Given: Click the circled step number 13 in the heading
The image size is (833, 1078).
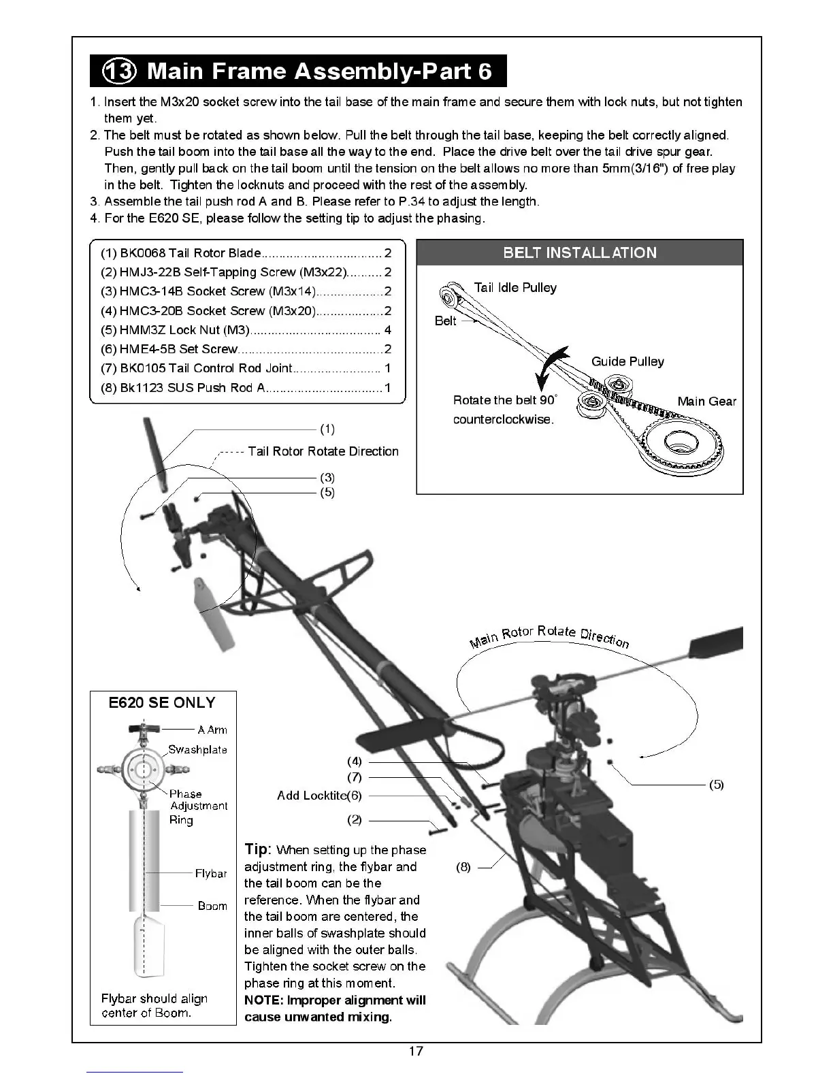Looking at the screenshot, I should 119,71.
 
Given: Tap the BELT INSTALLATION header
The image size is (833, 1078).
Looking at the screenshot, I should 579,252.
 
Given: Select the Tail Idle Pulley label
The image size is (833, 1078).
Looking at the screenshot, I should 515,287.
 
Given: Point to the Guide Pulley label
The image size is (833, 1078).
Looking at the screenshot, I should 627,361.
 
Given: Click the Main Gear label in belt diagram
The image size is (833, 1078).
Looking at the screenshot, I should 706,401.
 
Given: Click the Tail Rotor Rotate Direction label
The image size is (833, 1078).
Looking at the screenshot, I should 323,451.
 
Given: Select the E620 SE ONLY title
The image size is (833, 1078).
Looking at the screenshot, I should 162,703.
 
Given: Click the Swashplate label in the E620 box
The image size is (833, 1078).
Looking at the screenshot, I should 197,749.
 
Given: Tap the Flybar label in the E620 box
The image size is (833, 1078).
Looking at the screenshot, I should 211,873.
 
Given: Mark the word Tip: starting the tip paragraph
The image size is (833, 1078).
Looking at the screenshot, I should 258,849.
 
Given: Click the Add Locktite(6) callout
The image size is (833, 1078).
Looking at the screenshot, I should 319,795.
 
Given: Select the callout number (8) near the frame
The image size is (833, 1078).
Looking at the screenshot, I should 463,867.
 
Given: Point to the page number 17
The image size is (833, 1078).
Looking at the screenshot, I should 416,1051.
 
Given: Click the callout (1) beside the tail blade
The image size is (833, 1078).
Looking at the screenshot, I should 327,429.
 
